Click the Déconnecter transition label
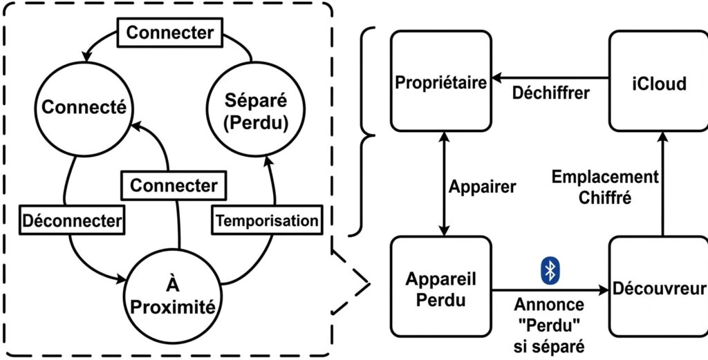(x=72, y=220)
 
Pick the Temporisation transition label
(x=268, y=221)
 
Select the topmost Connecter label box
(x=170, y=33)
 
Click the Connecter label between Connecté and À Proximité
(x=174, y=186)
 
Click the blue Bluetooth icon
(x=550, y=272)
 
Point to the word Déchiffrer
(x=551, y=93)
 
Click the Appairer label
(x=482, y=186)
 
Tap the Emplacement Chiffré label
(x=606, y=187)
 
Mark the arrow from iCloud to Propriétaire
(x=550, y=79)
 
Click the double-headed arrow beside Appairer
(x=445, y=184)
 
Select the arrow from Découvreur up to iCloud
(x=662, y=184)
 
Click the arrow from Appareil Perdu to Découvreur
(x=550, y=290)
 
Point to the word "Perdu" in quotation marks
(x=549, y=325)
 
